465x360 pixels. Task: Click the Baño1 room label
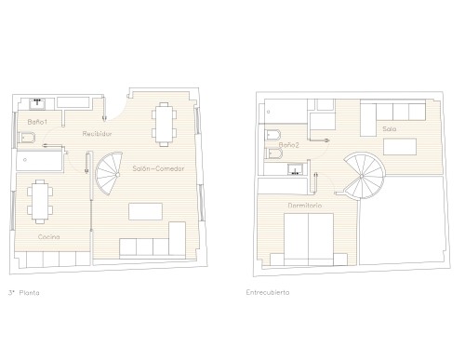[x=37, y=122]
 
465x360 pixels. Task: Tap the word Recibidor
[x=97, y=134]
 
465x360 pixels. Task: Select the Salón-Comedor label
[x=158, y=168]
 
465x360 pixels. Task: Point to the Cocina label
[x=48, y=237]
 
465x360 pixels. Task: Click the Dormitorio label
[x=305, y=206]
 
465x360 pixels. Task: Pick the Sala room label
[x=389, y=128]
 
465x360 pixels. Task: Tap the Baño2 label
[x=288, y=145]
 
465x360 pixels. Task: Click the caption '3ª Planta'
[x=24, y=293]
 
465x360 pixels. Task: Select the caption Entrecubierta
[x=268, y=292]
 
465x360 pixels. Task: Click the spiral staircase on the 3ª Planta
[x=109, y=174]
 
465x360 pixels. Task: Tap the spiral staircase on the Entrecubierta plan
[x=364, y=176]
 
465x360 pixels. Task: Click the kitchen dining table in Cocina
[x=40, y=202]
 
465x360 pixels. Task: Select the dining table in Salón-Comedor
[x=164, y=125]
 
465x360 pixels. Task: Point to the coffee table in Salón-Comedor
[x=145, y=211]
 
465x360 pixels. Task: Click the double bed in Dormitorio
[x=309, y=239]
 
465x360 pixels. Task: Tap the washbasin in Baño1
[x=37, y=104]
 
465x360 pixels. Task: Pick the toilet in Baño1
[x=26, y=138]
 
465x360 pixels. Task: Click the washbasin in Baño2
[x=295, y=169]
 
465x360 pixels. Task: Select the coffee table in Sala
[x=400, y=147]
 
